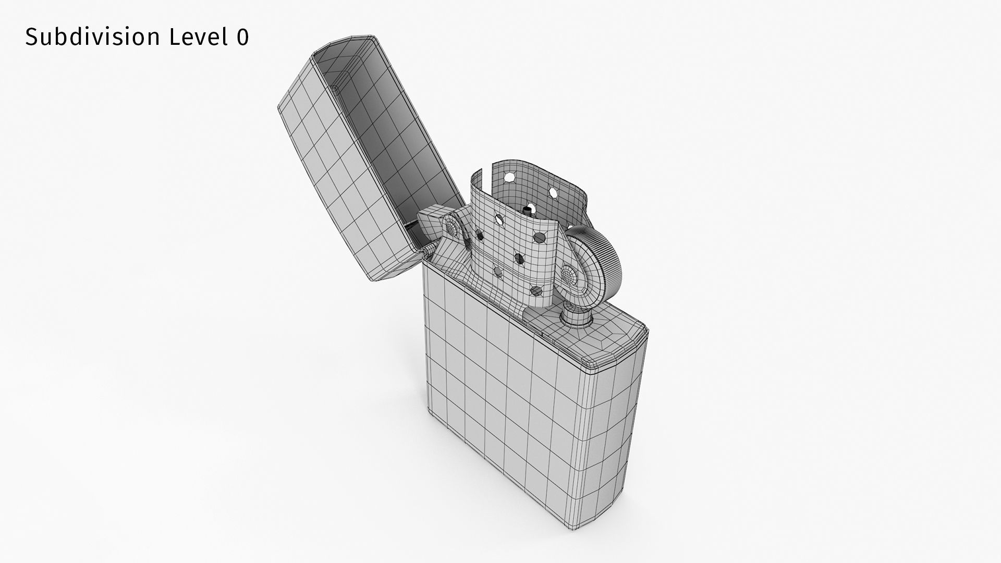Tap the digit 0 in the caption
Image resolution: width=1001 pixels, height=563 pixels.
click(x=243, y=38)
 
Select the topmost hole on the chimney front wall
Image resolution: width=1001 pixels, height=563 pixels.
click(x=499, y=219)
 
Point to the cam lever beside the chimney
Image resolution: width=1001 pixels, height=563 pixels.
click(x=448, y=245)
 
